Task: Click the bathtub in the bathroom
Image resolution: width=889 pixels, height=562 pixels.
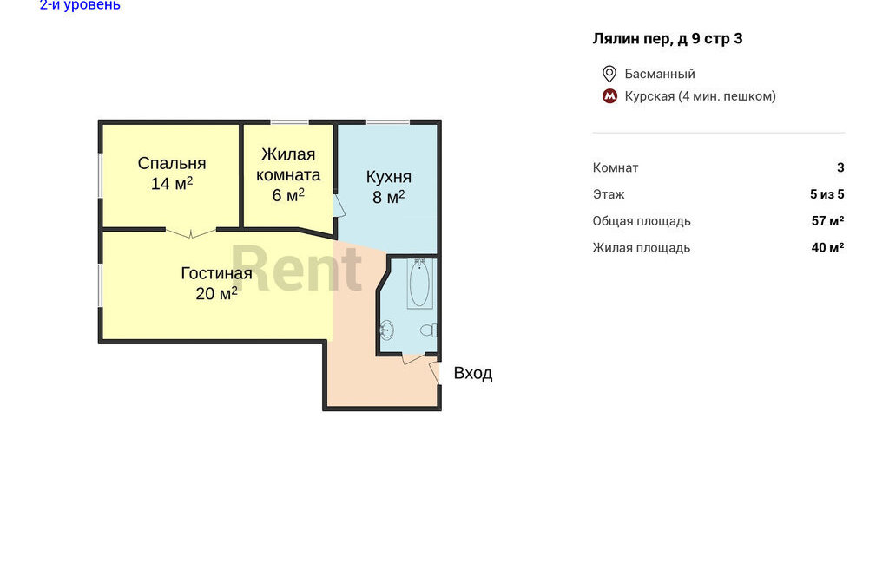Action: (x=419, y=284)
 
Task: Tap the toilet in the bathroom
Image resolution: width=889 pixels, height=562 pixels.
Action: (x=429, y=330)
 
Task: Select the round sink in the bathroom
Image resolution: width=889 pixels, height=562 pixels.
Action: (x=386, y=329)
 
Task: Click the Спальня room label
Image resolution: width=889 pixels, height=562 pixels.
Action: (x=172, y=163)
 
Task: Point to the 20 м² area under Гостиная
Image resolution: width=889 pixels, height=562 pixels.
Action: (x=216, y=293)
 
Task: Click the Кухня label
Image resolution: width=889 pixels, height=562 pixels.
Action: (x=388, y=177)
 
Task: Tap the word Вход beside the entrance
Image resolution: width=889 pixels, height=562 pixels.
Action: (x=473, y=373)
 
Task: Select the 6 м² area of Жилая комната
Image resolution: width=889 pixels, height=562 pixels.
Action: (x=288, y=195)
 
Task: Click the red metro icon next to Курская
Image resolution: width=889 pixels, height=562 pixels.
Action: (x=609, y=96)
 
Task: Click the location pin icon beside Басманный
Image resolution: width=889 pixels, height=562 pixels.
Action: (x=609, y=74)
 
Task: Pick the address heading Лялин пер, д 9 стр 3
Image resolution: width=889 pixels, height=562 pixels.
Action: (x=668, y=38)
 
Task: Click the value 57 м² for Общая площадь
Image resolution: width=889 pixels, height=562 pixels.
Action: (x=827, y=221)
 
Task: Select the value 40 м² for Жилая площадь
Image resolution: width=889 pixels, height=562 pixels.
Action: (x=827, y=247)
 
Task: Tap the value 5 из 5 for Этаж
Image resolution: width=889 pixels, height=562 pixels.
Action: (x=826, y=194)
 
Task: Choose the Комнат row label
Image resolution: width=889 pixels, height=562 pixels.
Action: (x=616, y=167)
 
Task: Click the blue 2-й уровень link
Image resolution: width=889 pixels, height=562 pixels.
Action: (x=80, y=5)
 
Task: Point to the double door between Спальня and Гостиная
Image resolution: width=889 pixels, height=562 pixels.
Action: (x=190, y=232)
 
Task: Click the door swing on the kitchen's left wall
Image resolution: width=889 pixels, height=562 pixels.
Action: (x=339, y=206)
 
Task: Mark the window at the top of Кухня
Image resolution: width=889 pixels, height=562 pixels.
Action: (x=388, y=121)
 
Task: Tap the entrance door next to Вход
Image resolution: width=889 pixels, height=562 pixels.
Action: (x=435, y=372)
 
